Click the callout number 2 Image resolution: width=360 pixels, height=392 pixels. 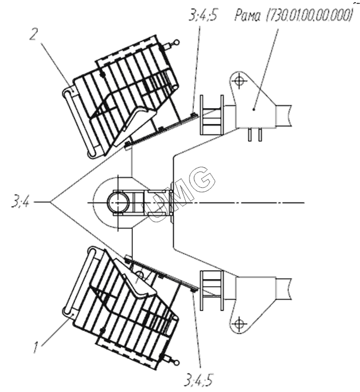coord(34,34)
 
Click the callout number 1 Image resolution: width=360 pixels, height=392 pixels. coord(36,348)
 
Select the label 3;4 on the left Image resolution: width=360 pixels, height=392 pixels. coord(20,202)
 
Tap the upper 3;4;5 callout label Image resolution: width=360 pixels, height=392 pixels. coord(203,15)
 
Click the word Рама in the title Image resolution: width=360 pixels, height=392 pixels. coord(247,15)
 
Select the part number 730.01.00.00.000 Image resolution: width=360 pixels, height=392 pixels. coord(309,15)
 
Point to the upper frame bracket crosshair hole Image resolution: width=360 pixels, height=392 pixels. coord(240,81)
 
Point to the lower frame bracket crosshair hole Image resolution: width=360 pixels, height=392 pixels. coord(240,323)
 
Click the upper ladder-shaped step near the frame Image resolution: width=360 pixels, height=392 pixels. coord(211,115)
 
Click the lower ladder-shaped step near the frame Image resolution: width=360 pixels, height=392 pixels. coord(211,290)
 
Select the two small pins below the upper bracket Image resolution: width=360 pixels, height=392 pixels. coord(255,134)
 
